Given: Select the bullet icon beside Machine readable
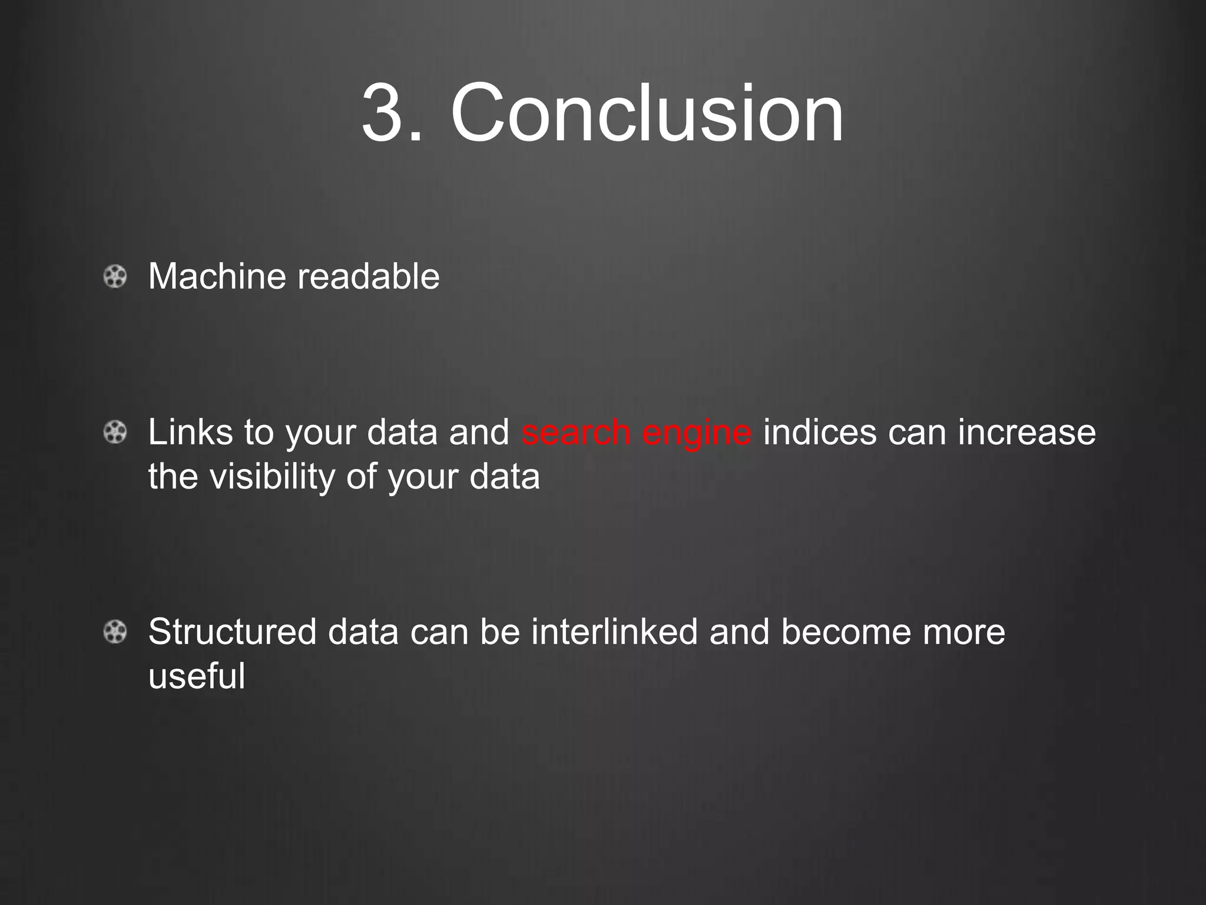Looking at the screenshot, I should pyautogui.click(x=115, y=276).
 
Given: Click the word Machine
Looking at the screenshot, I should pyautogui.click(x=216, y=276).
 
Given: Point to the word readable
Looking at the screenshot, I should pyautogui.click(x=368, y=276).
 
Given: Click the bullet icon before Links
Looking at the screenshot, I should pyautogui.click(x=115, y=432).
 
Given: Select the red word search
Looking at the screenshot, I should pyautogui.click(x=575, y=432).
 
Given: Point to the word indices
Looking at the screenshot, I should pyautogui.click(x=820, y=432).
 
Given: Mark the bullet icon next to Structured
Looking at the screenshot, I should pyautogui.click(x=115, y=632).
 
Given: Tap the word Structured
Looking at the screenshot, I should pyautogui.click(x=233, y=632).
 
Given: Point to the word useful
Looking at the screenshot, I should pyautogui.click(x=197, y=676).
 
